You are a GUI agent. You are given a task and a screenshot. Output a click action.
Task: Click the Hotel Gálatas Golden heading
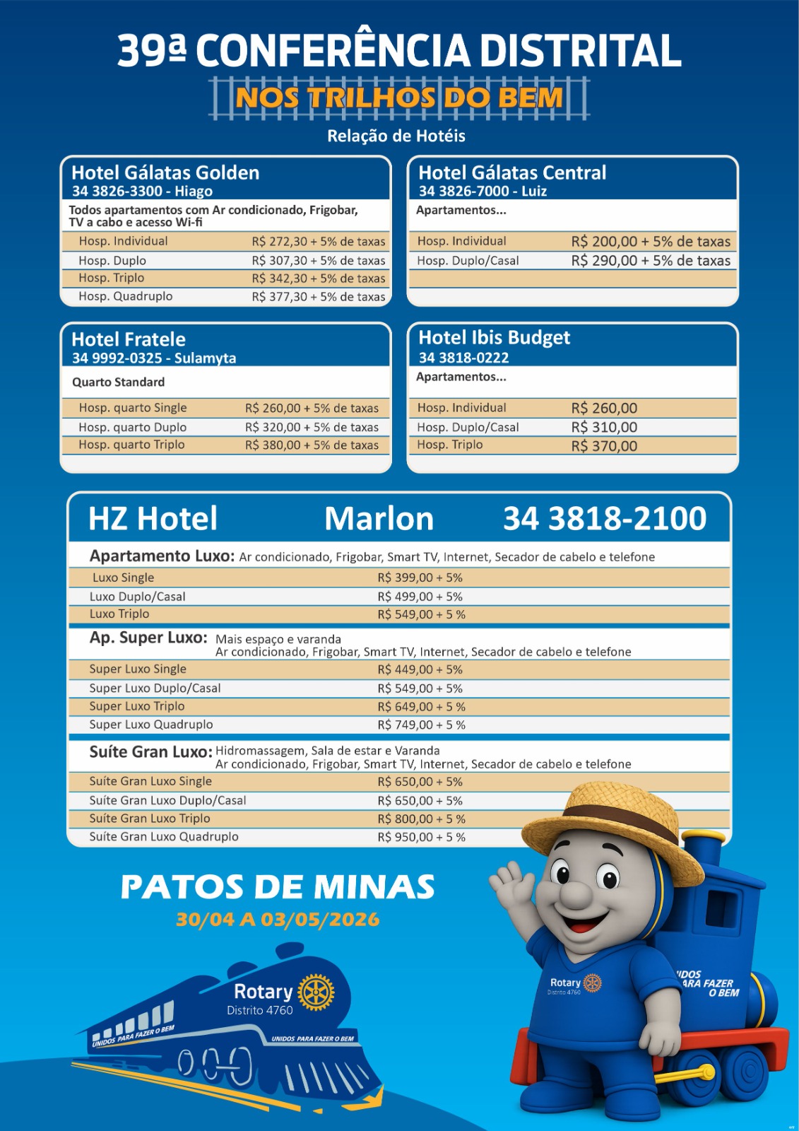click(x=165, y=172)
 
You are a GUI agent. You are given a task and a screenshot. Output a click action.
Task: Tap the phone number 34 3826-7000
click(x=463, y=191)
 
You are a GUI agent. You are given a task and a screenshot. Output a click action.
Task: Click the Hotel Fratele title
click(x=129, y=339)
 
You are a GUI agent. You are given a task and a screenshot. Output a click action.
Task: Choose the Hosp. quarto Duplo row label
click(x=133, y=427)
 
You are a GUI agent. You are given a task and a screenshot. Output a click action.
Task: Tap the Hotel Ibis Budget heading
click(x=494, y=338)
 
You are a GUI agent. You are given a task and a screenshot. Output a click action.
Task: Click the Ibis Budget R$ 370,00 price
click(x=604, y=446)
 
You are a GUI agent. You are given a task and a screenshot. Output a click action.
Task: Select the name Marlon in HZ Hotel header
click(x=379, y=518)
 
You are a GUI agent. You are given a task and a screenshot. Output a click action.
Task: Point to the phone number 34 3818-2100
click(x=605, y=518)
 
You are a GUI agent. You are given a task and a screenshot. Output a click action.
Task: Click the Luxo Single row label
click(x=123, y=578)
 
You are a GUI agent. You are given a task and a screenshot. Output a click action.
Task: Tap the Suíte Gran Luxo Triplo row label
click(x=150, y=819)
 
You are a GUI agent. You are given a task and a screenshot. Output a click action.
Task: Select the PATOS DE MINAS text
click(x=278, y=887)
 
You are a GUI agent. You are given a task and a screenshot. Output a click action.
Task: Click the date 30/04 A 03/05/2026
click(x=278, y=920)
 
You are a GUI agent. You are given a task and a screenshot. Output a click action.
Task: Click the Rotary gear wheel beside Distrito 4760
click(x=316, y=992)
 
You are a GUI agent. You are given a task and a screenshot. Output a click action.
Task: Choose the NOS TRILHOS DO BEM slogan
click(x=399, y=98)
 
